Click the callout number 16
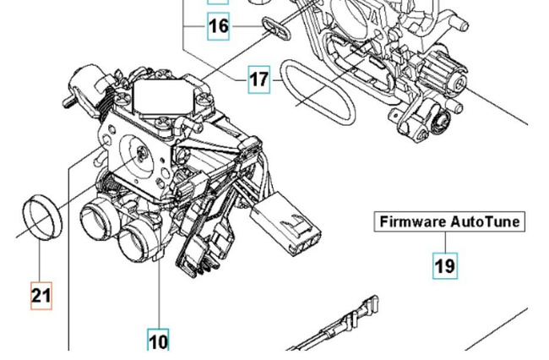point(218,26)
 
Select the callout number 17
point(259,80)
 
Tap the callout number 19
point(444,265)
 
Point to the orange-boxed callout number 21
point(41,295)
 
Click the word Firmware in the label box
point(411,222)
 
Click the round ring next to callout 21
point(41,219)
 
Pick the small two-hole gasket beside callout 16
point(273,28)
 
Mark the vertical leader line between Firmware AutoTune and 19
point(444,243)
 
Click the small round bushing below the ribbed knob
point(438,125)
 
